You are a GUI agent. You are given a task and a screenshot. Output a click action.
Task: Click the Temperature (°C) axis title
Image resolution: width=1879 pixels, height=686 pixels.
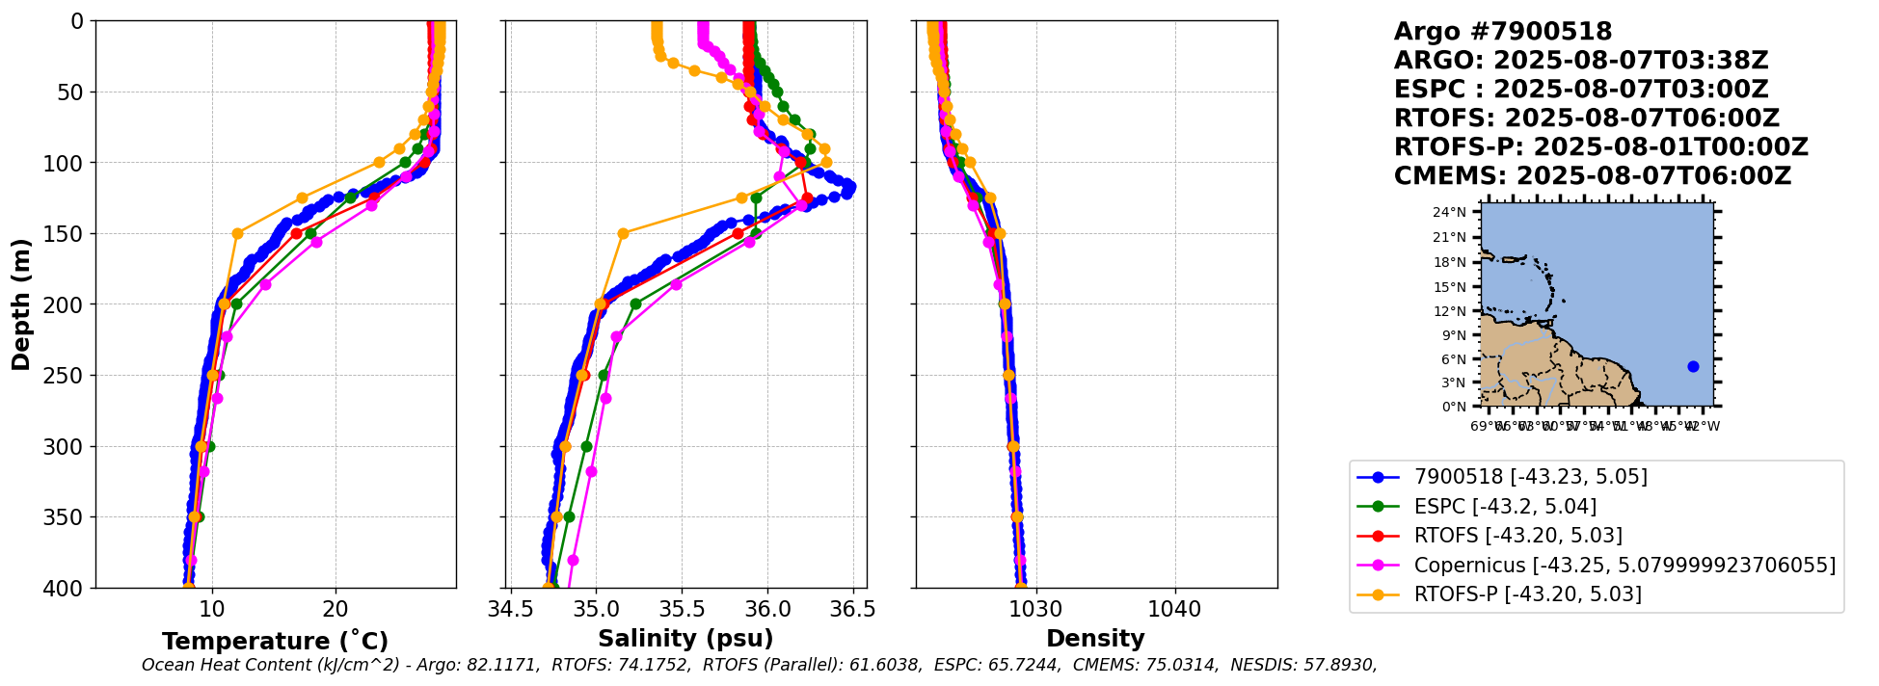tap(275, 641)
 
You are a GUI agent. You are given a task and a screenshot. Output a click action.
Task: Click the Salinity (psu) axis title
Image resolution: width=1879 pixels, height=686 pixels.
tap(685, 639)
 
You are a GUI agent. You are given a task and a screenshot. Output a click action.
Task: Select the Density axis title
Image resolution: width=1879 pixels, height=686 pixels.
tap(1095, 639)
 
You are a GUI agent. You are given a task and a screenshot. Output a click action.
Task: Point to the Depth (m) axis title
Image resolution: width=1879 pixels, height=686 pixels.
tap(21, 304)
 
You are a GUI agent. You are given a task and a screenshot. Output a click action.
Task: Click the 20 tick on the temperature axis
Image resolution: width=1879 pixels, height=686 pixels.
tap(336, 609)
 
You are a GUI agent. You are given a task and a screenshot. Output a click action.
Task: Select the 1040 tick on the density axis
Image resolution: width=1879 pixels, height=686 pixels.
tap(1175, 609)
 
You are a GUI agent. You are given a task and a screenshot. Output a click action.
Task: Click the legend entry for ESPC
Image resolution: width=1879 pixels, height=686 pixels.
tap(1505, 506)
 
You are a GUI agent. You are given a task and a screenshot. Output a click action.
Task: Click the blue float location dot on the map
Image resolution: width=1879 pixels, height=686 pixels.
tap(1693, 366)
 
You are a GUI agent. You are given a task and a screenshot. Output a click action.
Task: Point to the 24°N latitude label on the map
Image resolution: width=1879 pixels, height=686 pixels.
tap(1449, 212)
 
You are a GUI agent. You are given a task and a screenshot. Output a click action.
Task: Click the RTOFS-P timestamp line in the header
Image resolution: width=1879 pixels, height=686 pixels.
tap(1600, 147)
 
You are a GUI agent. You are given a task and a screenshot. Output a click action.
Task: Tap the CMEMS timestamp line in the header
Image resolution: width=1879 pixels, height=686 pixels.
tap(1592, 176)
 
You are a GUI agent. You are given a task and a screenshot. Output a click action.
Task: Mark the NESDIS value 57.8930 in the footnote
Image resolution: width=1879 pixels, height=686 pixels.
tap(1339, 665)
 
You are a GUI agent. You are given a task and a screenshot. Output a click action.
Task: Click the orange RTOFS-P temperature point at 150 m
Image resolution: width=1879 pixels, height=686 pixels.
tap(237, 233)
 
